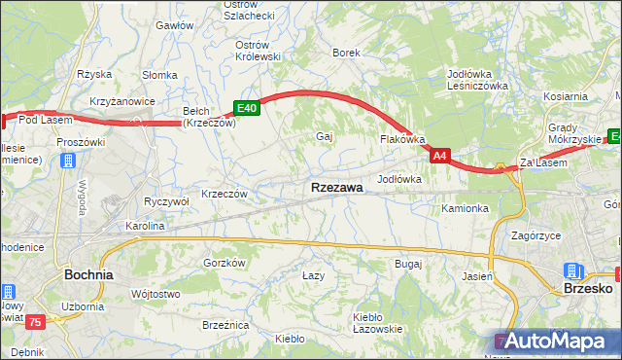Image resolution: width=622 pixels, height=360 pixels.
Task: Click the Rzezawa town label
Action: click(337, 187)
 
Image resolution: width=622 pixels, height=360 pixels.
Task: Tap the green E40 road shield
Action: click(246, 108)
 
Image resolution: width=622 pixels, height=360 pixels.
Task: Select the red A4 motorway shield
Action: click(440, 155)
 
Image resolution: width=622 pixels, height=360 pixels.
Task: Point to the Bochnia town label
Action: click(88, 275)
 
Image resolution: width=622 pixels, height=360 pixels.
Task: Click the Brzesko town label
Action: click(588, 289)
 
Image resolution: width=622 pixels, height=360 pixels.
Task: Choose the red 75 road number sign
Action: click(37, 322)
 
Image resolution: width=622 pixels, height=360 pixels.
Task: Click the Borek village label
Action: click(347, 53)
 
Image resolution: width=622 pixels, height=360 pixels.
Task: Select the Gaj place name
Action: click(325, 136)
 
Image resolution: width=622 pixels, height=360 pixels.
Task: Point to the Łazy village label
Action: click(313, 276)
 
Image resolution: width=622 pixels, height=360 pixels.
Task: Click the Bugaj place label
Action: click(407, 264)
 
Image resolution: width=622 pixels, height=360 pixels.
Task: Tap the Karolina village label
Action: click(144, 226)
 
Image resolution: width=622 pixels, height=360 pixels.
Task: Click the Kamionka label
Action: click(465, 208)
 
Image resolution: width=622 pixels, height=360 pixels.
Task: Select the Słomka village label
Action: click(157, 75)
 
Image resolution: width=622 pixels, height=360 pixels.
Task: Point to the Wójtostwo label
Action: click(155, 294)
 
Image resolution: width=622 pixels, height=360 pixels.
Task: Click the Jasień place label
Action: click(478, 276)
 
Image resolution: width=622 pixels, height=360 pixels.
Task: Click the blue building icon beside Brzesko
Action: click(573, 270)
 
